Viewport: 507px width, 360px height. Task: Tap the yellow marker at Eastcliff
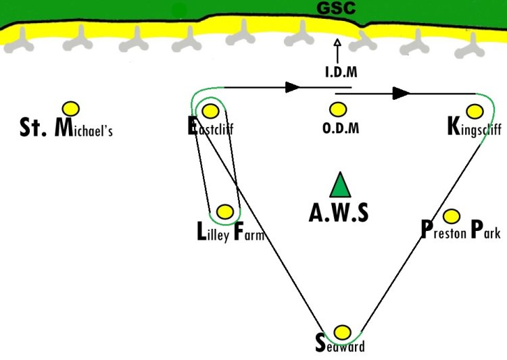pos(210,110)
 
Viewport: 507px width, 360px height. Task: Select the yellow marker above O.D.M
pos(337,109)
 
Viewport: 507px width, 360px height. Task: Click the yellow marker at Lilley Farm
pos(225,211)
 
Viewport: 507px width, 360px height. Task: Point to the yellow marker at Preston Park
pos(451,216)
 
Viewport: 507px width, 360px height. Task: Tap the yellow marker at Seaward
pos(343,332)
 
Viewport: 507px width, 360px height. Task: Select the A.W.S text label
pos(339,212)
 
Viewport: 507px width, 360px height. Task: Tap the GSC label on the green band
pos(337,9)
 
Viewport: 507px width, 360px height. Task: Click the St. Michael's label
pos(66,128)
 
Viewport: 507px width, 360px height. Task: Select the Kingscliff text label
pos(474,128)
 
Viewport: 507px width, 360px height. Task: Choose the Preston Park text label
pos(460,231)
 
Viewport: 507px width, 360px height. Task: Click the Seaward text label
pos(340,345)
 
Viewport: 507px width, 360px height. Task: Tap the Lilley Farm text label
pos(230,234)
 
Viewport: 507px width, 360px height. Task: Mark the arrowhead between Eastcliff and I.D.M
pos(293,87)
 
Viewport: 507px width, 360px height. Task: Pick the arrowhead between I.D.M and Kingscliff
pos(402,93)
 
